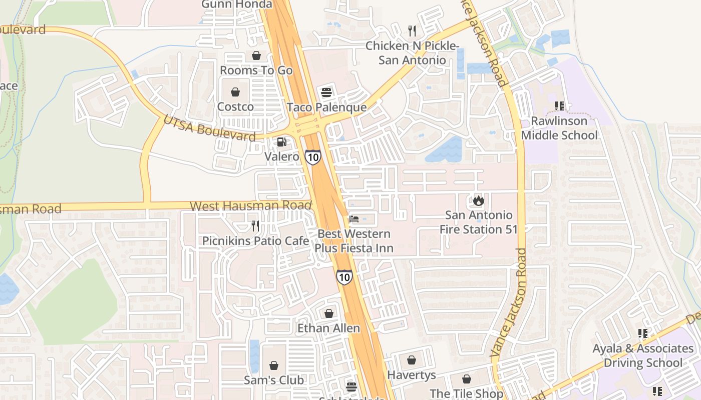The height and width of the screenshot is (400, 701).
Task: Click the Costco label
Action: [235, 106]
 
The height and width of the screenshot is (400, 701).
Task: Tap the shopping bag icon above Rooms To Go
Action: [256, 55]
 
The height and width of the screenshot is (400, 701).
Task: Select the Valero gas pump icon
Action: [282, 142]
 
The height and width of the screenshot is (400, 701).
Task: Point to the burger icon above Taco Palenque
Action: [326, 92]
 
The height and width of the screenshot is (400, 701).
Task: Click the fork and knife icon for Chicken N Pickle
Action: [412, 31]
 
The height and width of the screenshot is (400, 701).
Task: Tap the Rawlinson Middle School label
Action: [559, 128]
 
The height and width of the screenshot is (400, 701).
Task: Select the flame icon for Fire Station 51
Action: [479, 200]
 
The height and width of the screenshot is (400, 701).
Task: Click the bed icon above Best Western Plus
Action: [354, 219]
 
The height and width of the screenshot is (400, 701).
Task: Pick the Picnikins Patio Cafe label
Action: [255, 241]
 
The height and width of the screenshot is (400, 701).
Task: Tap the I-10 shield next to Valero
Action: [313, 157]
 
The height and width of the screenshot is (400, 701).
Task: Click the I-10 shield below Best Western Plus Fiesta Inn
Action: [344, 277]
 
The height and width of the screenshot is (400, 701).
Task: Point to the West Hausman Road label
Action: [250, 205]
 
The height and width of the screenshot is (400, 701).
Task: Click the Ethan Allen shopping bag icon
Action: [329, 313]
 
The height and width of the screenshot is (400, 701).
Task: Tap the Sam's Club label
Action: [274, 380]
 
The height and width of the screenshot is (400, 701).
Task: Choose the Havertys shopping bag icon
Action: [412, 360]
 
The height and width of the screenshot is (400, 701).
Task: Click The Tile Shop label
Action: [466, 393]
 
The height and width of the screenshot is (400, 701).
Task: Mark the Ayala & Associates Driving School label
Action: [643, 355]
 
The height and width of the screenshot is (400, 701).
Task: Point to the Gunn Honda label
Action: [237, 4]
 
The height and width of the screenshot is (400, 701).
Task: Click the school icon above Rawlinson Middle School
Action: [559, 106]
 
